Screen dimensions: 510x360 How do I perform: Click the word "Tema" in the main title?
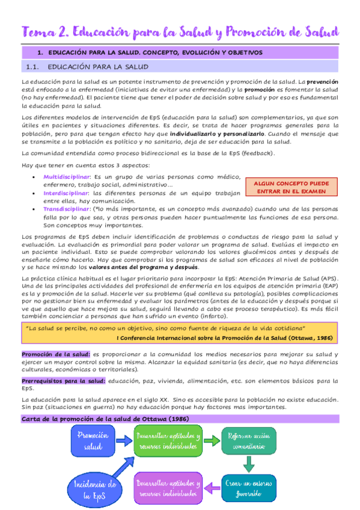pyautogui.click(x=38, y=31)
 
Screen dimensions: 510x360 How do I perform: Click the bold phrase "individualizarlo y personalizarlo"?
pyautogui.click(x=217, y=133)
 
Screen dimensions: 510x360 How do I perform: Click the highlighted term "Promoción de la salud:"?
pyautogui.click(x=56, y=354)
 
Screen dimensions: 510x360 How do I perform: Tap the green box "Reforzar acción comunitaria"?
pyautogui.click(x=248, y=442)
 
